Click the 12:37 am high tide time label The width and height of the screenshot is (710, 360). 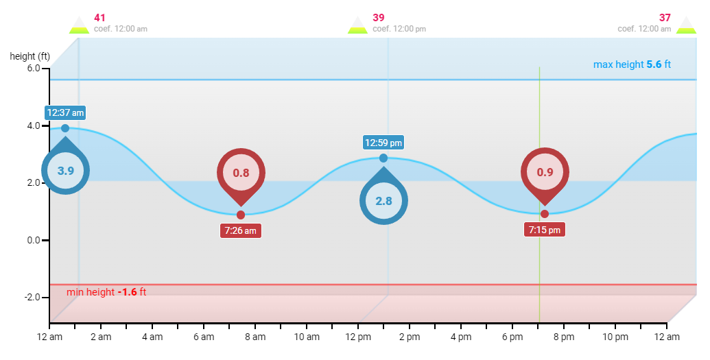(65, 112)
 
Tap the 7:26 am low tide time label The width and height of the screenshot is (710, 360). (240, 230)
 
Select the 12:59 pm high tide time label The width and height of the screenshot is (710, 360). (383, 143)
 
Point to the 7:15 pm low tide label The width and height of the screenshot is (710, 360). (544, 230)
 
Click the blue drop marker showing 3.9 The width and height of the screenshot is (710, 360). (65, 170)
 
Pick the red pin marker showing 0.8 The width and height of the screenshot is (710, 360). (241, 173)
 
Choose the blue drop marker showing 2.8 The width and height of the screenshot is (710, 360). (383, 200)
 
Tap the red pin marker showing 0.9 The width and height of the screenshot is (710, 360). (545, 172)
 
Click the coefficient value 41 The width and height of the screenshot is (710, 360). (100, 18)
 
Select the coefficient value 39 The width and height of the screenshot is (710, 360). (379, 18)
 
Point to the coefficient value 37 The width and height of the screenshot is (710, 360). (665, 18)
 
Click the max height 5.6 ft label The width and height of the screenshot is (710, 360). (632, 64)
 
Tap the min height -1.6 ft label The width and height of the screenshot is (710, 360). (106, 292)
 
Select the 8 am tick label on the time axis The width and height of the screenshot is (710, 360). (255, 337)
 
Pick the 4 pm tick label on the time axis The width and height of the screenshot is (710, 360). (461, 337)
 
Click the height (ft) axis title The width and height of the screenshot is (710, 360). (29, 56)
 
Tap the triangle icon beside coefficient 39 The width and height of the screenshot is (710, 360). (357, 25)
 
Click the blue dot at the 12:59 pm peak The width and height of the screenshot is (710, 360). (383, 158)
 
